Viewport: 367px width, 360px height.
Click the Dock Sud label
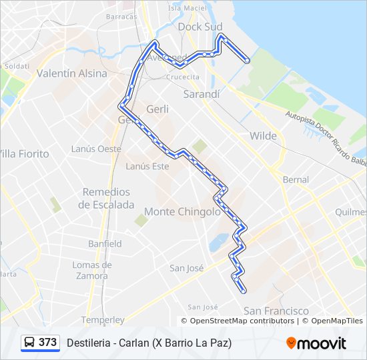[201, 27]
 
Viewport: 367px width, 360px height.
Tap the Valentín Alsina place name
[72, 73]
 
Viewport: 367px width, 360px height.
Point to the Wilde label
[263, 136]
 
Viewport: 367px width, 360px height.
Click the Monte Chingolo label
[182, 211]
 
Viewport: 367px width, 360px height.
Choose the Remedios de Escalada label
[106, 199]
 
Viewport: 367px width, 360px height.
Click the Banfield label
[105, 243]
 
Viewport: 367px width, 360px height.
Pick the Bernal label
[296, 179]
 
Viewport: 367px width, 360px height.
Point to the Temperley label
[103, 320]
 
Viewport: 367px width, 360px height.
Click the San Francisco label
[276, 311]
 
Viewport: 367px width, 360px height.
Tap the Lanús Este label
[147, 166]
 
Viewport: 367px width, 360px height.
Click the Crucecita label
[183, 77]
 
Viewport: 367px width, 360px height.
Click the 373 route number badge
[47, 343]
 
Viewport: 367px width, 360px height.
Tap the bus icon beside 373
[30, 343]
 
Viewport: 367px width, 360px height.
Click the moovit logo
[316, 343]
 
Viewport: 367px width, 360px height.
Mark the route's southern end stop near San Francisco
[244, 290]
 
